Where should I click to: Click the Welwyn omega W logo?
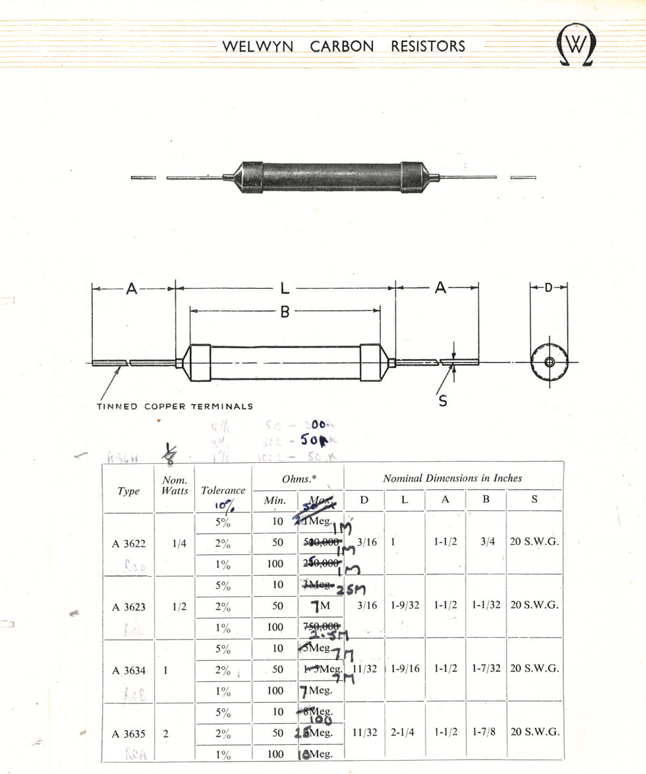(576, 45)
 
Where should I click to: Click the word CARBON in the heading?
(342, 46)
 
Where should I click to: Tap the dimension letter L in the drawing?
(285, 288)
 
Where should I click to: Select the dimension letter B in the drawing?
(285, 311)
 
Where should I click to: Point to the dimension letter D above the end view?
(549, 288)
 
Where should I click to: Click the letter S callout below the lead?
(443, 401)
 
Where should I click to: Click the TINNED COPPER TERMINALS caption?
(175, 406)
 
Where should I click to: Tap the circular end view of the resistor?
(549, 362)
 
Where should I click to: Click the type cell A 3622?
(129, 544)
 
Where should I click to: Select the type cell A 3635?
(129, 734)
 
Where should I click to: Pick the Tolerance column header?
(223, 490)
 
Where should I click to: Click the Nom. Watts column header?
(175, 485)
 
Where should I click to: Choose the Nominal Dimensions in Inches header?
(452, 478)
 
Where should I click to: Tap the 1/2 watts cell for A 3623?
(179, 607)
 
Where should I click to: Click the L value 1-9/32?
(405, 605)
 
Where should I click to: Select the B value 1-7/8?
(484, 732)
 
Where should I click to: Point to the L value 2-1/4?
(402, 732)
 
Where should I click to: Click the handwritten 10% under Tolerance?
(224, 506)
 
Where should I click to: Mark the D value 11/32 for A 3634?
(365, 669)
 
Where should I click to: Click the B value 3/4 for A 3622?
(487, 541)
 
